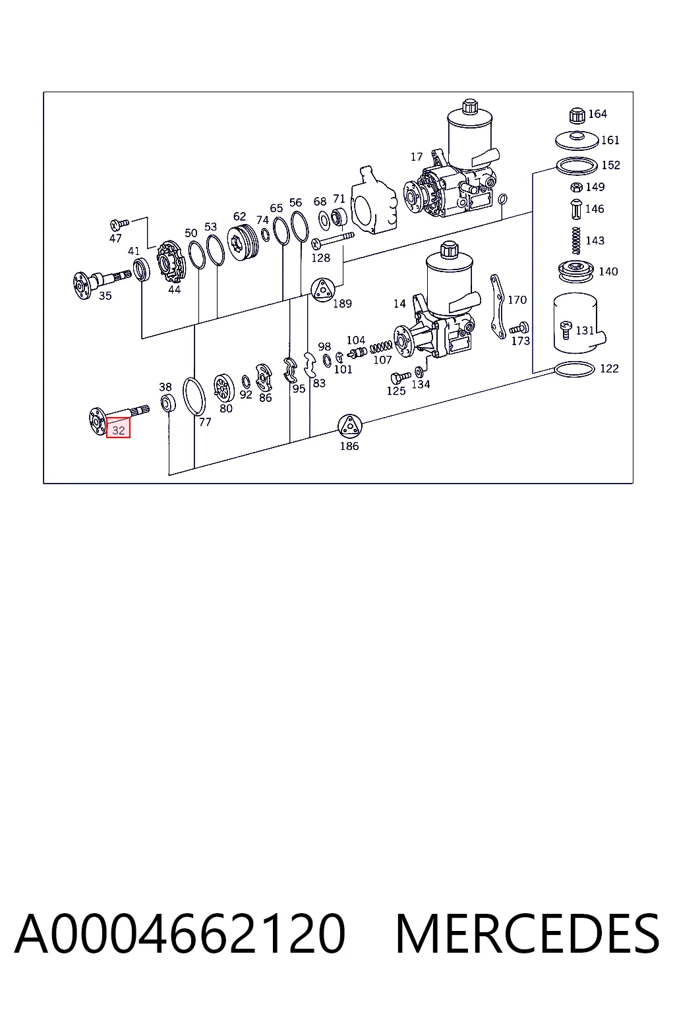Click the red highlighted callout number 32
coord(118,430)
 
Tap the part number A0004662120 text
coord(180,934)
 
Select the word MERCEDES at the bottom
coord(527,934)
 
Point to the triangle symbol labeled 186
coord(349,426)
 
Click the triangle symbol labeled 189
coord(323,290)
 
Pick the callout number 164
coord(597,114)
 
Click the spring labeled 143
coord(575,240)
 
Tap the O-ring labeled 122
coord(574,370)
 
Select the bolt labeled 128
coord(333,240)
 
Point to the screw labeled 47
coord(120,223)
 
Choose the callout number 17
coord(417,157)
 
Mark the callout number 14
coord(399,304)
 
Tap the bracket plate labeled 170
coord(498,306)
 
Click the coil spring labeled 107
coord(381,347)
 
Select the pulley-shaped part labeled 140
coord(575,272)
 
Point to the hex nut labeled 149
coord(576,186)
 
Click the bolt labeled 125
coord(400,378)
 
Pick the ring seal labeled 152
coord(576,166)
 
